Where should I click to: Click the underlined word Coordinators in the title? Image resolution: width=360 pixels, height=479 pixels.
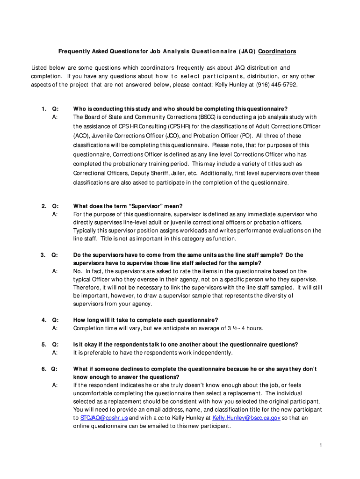pyautogui.click(x=277, y=51)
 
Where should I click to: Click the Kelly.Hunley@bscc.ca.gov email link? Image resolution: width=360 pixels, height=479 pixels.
pyautogui.click(x=246, y=418)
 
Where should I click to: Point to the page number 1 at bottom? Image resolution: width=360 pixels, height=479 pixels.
pyautogui.click(x=321, y=445)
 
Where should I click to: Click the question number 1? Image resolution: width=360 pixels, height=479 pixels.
pyautogui.click(x=43, y=109)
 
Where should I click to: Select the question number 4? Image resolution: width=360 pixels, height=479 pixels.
pyautogui.click(x=43, y=320)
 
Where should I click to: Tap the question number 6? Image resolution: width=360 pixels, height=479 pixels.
pyautogui.click(x=43, y=369)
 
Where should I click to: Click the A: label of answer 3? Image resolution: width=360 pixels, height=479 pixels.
pyautogui.click(x=55, y=271)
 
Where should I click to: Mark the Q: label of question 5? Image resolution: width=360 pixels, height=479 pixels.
pyautogui.click(x=55, y=344)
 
